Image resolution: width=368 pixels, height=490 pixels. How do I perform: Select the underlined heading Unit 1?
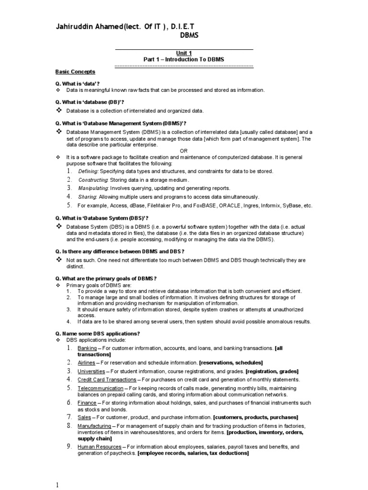pyautogui.click(x=184, y=53)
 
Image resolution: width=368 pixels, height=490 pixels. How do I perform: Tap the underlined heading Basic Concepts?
pyautogui.click(x=75, y=72)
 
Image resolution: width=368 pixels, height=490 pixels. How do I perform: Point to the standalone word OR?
pyautogui.click(x=184, y=151)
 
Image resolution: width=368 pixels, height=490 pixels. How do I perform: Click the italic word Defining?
pyautogui.click(x=88, y=171)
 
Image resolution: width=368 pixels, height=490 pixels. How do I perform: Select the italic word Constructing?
pyautogui.click(x=93, y=180)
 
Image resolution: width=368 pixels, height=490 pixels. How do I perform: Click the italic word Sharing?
pyautogui.click(x=87, y=197)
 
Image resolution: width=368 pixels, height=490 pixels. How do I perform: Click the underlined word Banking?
pyautogui.click(x=87, y=348)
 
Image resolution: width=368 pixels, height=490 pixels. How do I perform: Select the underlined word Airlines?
pyautogui.click(x=87, y=363)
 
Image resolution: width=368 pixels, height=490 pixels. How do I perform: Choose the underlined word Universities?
pyautogui.click(x=91, y=372)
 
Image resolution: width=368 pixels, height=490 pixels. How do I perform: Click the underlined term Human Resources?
pyautogui.click(x=99, y=447)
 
